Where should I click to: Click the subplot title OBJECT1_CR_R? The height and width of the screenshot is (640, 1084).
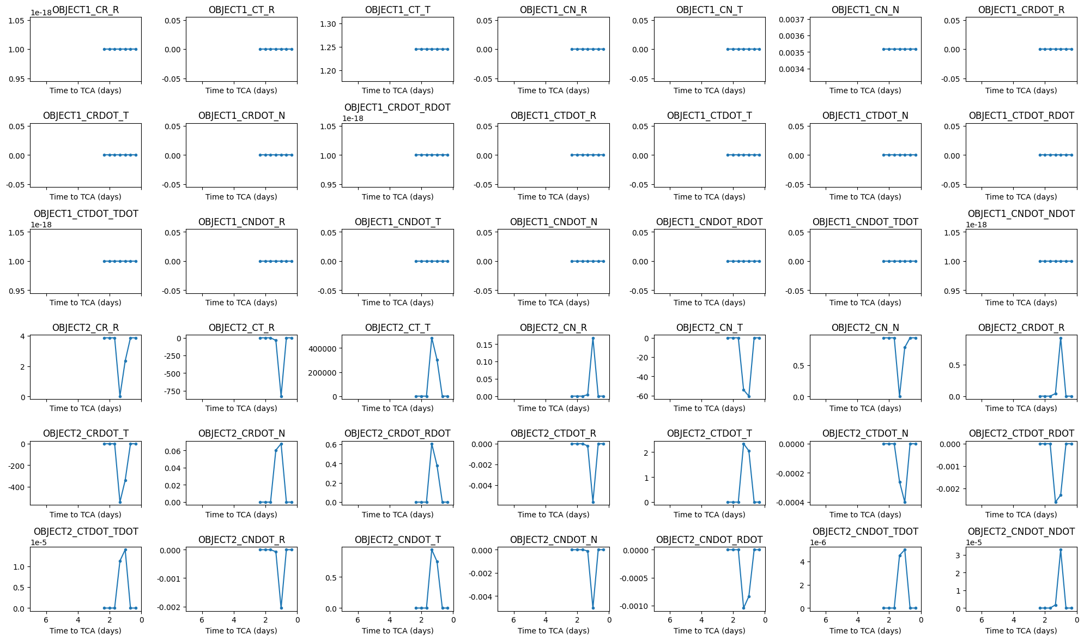(86, 10)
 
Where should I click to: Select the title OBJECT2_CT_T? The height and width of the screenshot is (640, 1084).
(397, 328)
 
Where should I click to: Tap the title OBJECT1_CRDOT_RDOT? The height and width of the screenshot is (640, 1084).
(397, 107)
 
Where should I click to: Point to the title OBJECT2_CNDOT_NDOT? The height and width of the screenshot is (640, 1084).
(1021, 532)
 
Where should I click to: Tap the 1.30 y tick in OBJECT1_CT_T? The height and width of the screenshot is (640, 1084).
(329, 24)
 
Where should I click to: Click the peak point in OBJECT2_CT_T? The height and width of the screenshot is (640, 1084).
(432, 338)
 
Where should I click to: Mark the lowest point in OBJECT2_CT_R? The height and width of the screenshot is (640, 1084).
(281, 396)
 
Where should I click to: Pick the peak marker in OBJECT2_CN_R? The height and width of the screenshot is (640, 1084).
(593, 338)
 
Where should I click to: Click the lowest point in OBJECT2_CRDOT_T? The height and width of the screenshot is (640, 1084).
(120, 502)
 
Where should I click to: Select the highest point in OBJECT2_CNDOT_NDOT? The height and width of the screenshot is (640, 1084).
(1061, 550)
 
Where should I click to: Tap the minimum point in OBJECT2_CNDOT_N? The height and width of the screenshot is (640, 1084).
(593, 608)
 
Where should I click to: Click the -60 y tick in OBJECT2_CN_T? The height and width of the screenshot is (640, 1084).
(640, 396)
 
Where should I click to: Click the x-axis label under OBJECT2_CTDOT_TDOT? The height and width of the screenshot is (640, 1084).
(86, 631)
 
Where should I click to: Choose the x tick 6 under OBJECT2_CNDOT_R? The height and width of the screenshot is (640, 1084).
(202, 620)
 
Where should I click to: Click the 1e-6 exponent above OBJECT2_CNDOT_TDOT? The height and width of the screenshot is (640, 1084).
(817, 542)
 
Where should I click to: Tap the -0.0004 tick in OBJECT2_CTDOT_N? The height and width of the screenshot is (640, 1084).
(791, 502)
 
